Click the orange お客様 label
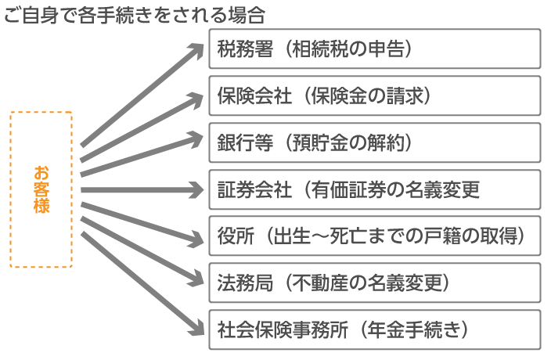coord(41,189)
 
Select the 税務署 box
coord(375,49)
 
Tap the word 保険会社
coord(254,95)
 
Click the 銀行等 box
coord(375,142)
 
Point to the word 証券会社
coord(254,189)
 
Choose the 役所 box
coord(375,236)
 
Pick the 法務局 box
coord(375,283)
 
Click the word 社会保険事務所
coord(283,329)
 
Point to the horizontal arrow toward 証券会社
coord(142,190)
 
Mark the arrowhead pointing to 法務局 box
coord(195,280)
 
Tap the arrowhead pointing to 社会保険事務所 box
coord(196,328)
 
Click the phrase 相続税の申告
coord(348,49)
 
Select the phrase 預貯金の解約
coord(348,142)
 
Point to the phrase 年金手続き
coord(414,329)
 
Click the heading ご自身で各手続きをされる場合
coord(135,15)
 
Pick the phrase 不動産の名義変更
coord(366,283)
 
